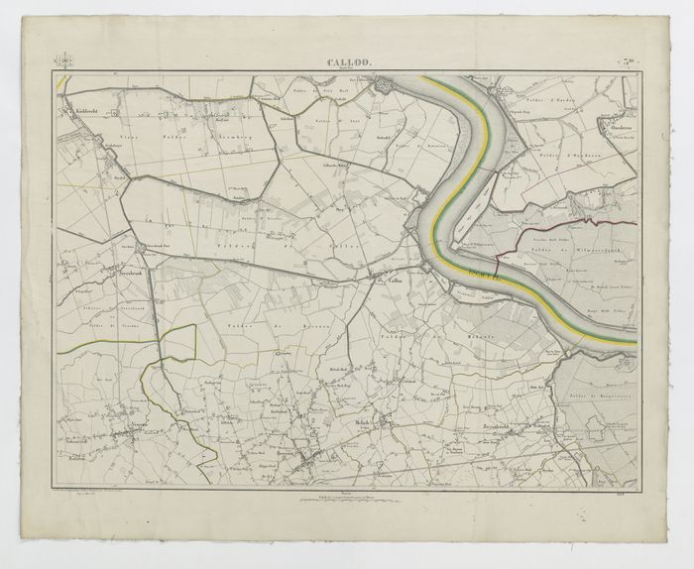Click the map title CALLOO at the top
coord(347,63)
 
